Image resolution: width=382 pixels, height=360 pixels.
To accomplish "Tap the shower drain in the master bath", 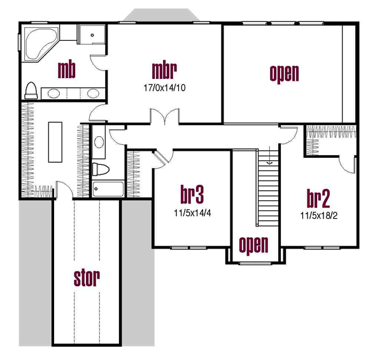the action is tap(92, 35).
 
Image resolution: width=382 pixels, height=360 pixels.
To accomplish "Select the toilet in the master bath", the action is tap(31, 90).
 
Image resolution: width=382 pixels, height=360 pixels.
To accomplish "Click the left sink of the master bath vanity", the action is tap(53, 93).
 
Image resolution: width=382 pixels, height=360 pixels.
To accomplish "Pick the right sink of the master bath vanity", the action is tap(94, 93).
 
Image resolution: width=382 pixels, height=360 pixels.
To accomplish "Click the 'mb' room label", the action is tap(66, 70).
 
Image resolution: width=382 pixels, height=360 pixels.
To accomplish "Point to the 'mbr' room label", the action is tap(164, 71).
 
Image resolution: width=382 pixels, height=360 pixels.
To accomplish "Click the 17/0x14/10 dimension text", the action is tap(164, 88).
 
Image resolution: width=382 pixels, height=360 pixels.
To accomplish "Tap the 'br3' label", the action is tap(192, 194).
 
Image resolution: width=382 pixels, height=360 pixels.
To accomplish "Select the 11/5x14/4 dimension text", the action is tap(192, 213).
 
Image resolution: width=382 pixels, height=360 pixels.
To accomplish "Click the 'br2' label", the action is tap(318, 198).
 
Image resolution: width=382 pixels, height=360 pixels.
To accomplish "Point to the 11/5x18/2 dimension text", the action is tap(319, 216).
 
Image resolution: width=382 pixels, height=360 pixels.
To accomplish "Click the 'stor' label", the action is tap(87, 278).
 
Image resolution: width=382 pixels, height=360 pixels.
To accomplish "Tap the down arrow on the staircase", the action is tap(269, 155).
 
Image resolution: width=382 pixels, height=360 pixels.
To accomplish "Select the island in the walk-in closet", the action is tap(55, 142).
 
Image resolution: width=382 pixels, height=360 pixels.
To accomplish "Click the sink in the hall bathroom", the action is tap(99, 142).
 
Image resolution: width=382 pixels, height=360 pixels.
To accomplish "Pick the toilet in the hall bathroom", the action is tap(101, 169).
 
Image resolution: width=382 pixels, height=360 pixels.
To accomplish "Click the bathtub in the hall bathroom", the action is tap(108, 189).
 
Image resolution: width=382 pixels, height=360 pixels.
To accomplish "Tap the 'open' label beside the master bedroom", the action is tap(284, 73).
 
